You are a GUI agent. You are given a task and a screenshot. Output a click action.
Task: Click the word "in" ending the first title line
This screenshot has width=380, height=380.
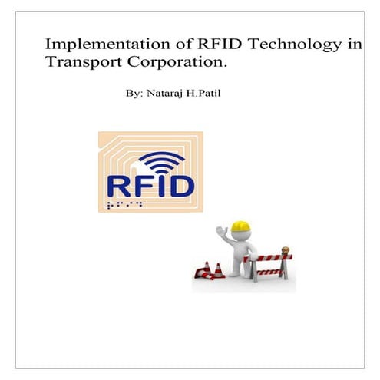tap(353, 45)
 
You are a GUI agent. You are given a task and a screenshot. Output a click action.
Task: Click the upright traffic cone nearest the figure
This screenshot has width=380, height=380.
tap(216, 269)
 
